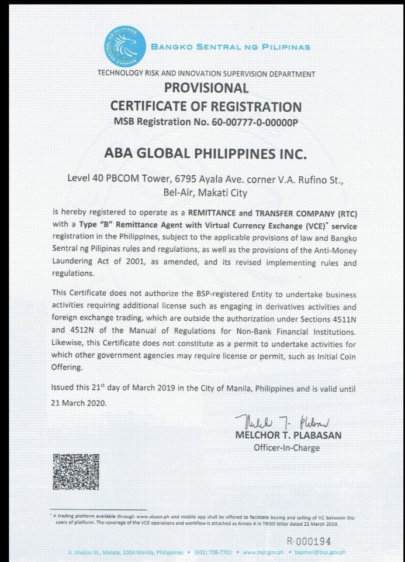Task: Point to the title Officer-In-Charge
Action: [x=286, y=448]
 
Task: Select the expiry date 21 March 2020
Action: [x=77, y=403]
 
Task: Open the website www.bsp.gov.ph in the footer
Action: [x=267, y=552]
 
